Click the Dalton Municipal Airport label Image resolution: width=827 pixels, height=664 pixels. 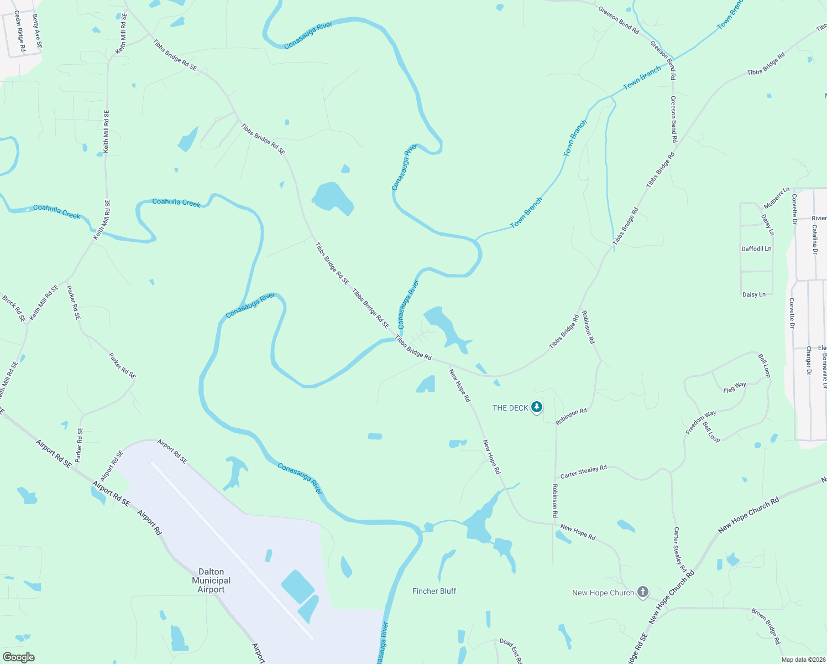[211, 580]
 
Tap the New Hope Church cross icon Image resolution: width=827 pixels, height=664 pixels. [642, 593]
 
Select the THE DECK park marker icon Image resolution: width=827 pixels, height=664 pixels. [536, 408]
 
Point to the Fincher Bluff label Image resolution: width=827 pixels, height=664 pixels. [435, 591]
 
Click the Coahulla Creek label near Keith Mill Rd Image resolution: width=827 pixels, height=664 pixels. [57, 211]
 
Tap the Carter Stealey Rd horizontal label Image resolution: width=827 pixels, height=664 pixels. [583, 472]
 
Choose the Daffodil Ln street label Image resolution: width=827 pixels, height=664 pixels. [756, 249]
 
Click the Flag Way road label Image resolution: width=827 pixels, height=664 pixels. [735, 388]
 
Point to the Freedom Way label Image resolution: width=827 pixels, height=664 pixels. [701, 422]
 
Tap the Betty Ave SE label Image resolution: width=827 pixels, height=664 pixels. [37, 32]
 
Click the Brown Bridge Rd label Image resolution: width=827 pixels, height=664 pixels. [766, 626]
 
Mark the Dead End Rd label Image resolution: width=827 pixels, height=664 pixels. [510, 651]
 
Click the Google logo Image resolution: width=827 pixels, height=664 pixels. [18, 657]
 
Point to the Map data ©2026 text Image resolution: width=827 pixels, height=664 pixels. [803, 660]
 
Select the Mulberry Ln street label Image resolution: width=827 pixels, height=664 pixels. [777, 198]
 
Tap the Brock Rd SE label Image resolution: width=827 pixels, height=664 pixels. [14, 308]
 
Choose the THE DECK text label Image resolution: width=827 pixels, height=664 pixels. [510, 408]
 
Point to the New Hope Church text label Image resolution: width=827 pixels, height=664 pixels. [603, 593]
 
